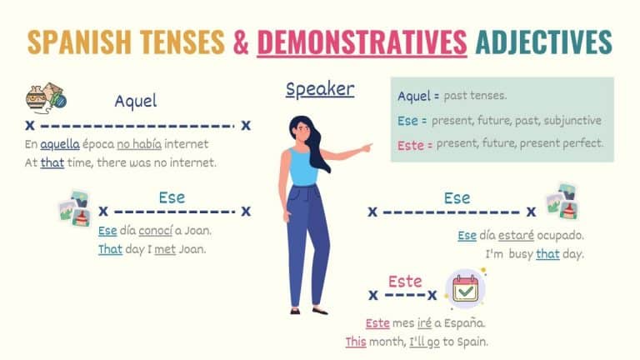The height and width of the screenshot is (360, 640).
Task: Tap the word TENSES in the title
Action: (x=184, y=42)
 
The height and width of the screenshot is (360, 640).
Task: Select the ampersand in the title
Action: (x=240, y=42)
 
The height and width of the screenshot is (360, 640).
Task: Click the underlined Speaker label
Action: (x=319, y=89)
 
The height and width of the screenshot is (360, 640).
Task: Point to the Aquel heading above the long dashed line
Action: (x=136, y=102)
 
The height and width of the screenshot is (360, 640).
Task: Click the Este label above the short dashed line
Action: (x=405, y=282)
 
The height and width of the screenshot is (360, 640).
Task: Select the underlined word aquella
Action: (x=58, y=144)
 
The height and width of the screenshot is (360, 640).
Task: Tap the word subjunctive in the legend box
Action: (x=572, y=121)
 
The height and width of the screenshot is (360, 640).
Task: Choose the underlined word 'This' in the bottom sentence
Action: (x=357, y=341)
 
